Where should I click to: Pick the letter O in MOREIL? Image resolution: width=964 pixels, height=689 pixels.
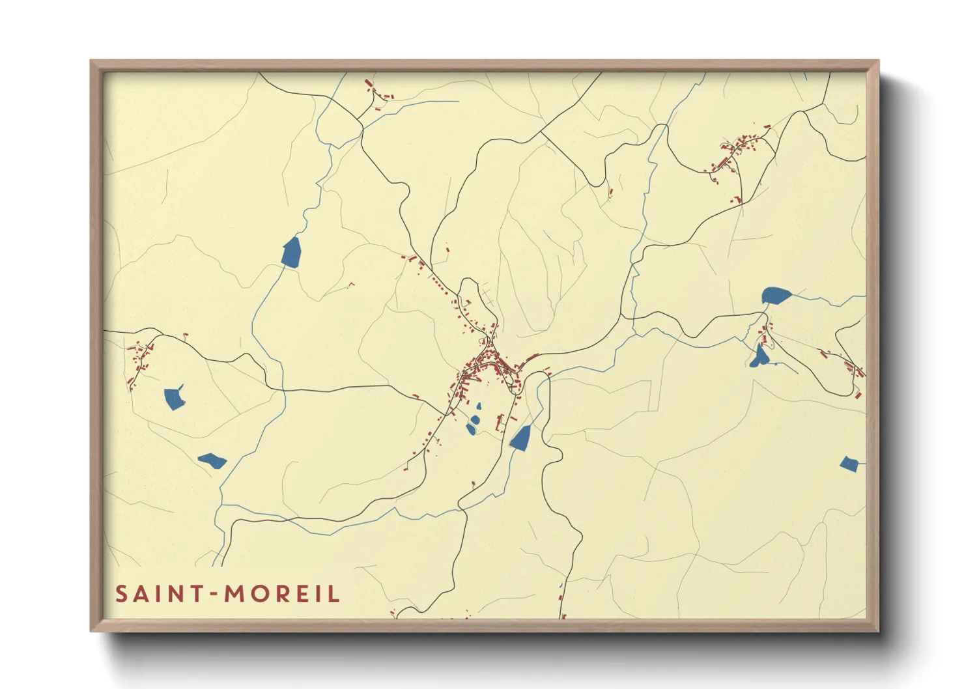tap(259, 594)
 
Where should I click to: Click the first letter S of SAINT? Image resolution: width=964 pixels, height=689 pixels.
tap(121, 594)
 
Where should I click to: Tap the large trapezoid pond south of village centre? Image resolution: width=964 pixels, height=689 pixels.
tap(520, 438)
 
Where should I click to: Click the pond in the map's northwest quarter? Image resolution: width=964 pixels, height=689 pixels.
tap(292, 252)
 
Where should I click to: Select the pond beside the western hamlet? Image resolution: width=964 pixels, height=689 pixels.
tap(174, 398)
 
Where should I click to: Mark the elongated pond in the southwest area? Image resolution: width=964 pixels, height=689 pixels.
tap(212, 461)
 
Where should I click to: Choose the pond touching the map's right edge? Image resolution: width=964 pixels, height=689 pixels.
tap(849, 464)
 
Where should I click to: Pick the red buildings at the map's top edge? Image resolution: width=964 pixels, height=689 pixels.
tap(378, 92)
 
